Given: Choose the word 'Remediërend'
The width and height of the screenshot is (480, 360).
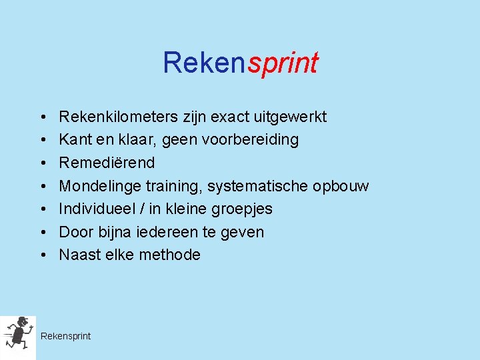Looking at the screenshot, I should tap(107, 163).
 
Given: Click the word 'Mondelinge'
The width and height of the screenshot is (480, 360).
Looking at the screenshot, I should tap(99, 186).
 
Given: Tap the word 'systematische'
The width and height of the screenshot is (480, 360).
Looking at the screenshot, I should tap(258, 186).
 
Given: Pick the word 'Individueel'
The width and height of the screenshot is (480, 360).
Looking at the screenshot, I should tap(97, 209).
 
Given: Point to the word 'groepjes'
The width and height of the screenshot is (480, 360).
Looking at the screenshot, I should tap(243, 209).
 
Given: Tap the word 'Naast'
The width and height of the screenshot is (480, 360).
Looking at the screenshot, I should tap(79, 255).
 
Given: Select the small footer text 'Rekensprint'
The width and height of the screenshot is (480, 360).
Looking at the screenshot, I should tap(65, 336).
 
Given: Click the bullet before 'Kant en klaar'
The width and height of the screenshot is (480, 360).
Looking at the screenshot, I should tap(41, 140).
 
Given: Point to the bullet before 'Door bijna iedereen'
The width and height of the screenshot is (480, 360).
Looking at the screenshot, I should tap(41, 232).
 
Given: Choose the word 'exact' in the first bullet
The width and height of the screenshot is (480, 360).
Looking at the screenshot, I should tap(230, 117).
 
